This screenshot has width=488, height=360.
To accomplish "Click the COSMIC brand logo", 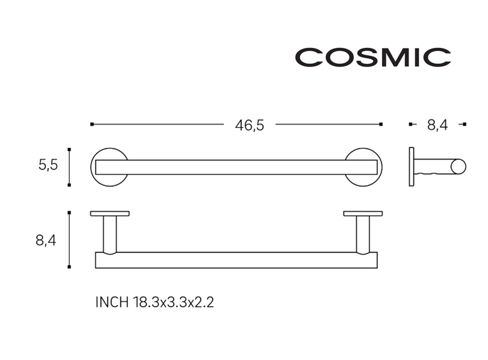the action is [373, 57].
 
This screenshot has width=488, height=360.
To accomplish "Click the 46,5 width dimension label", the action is [249, 125].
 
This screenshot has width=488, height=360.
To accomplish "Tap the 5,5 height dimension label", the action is [48, 165].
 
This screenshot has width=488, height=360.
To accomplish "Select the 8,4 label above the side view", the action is [437, 125].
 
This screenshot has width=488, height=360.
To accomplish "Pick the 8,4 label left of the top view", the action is [46, 241].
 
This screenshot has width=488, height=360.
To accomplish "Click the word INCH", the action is [112, 302].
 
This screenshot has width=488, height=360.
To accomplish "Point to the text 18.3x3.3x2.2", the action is [174, 302].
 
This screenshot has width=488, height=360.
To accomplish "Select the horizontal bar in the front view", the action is [236, 168].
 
